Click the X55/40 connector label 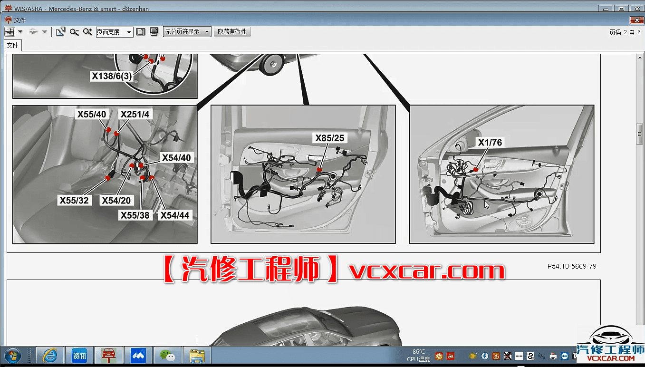click(x=92, y=114)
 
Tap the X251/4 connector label click(x=135, y=114)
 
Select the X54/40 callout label click(x=176, y=157)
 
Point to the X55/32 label click(x=74, y=200)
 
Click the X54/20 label click(x=116, y=200)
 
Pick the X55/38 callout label click(x=135, y=215)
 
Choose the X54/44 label click(x=175, y=215)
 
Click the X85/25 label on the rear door click(x=330, y=138)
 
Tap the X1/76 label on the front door click(x=490, y=142)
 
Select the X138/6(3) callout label click(x=112, y=76)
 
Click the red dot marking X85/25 click(x=319, y=169)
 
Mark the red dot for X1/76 click(x=476, y=169)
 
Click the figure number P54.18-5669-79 click(x=572, y=266)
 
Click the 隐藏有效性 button click(x=232, y=32)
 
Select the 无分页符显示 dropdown click(x=187, y=32)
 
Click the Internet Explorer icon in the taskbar click(x=50, y=356)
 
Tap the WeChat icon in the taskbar click(x=168, y=356)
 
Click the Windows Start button click(x=13, y=356)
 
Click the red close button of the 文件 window click(x=636, y=20)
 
